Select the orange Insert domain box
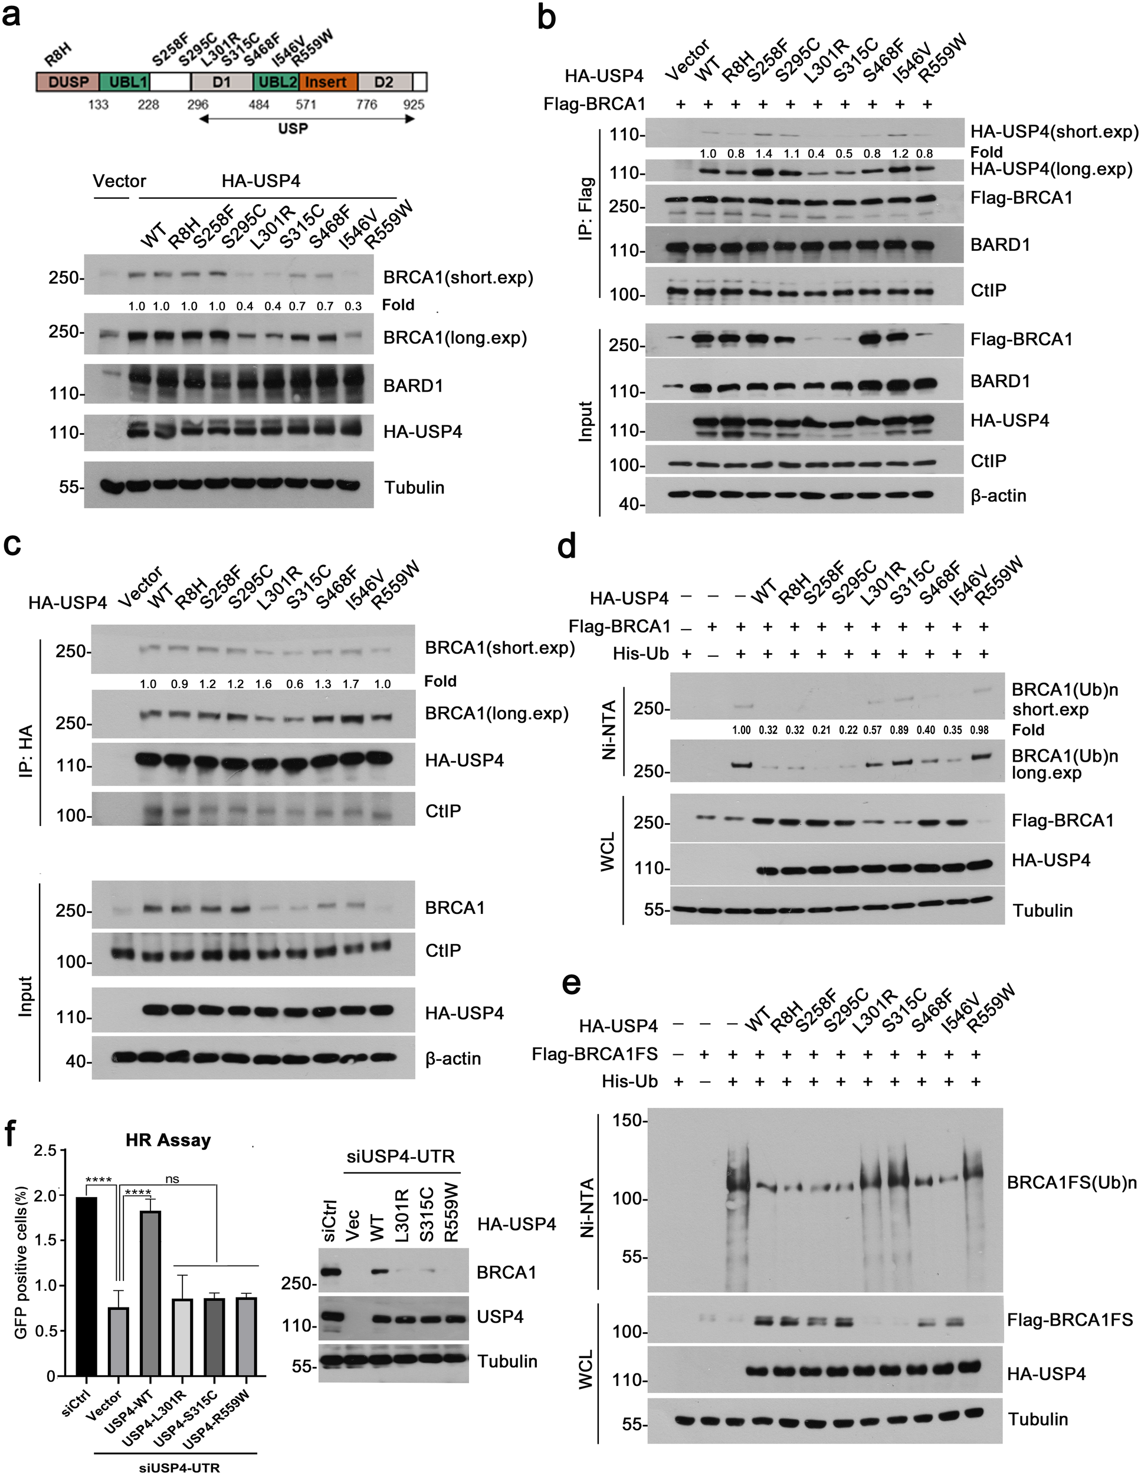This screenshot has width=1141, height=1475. [x=328, y=83]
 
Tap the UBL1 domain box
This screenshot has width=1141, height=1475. [x=125, y=83]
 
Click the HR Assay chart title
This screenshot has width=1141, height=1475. [x=168, y=1140]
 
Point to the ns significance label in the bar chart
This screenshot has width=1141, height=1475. [x=172, y=1179]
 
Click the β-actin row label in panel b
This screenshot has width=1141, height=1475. [x=998, y=496]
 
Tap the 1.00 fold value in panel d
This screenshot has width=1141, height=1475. [x=742, y=730]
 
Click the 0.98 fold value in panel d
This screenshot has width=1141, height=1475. [x=983, y=730]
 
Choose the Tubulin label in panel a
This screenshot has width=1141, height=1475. [x=414, y=487]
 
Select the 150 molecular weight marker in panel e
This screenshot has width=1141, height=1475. [x=627, y=1121]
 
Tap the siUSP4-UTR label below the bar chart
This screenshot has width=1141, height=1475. [x=179, y=1467]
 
